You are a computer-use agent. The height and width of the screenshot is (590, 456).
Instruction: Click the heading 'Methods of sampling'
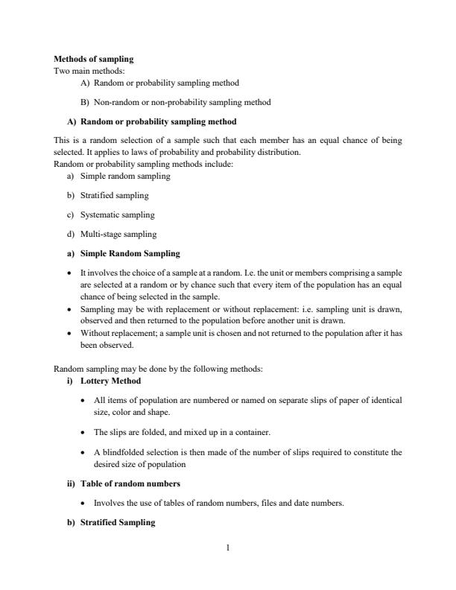click(94, 58)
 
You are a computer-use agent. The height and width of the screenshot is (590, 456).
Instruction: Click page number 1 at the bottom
click(228, 549)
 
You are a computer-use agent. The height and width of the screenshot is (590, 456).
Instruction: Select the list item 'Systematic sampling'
click(117, 215)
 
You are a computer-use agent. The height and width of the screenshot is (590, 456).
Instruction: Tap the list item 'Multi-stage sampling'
click(118, 234)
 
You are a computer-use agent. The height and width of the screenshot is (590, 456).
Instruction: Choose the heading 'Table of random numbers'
click(130, 483)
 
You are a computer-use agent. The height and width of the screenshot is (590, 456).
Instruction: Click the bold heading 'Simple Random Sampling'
click(130, 253)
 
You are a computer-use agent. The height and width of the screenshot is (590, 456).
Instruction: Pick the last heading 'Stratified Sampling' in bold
click(118, 522)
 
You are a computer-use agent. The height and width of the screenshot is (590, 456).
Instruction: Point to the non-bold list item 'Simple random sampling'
click(125, 177)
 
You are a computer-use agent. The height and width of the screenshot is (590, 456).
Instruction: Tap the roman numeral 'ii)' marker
click(72, 483)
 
